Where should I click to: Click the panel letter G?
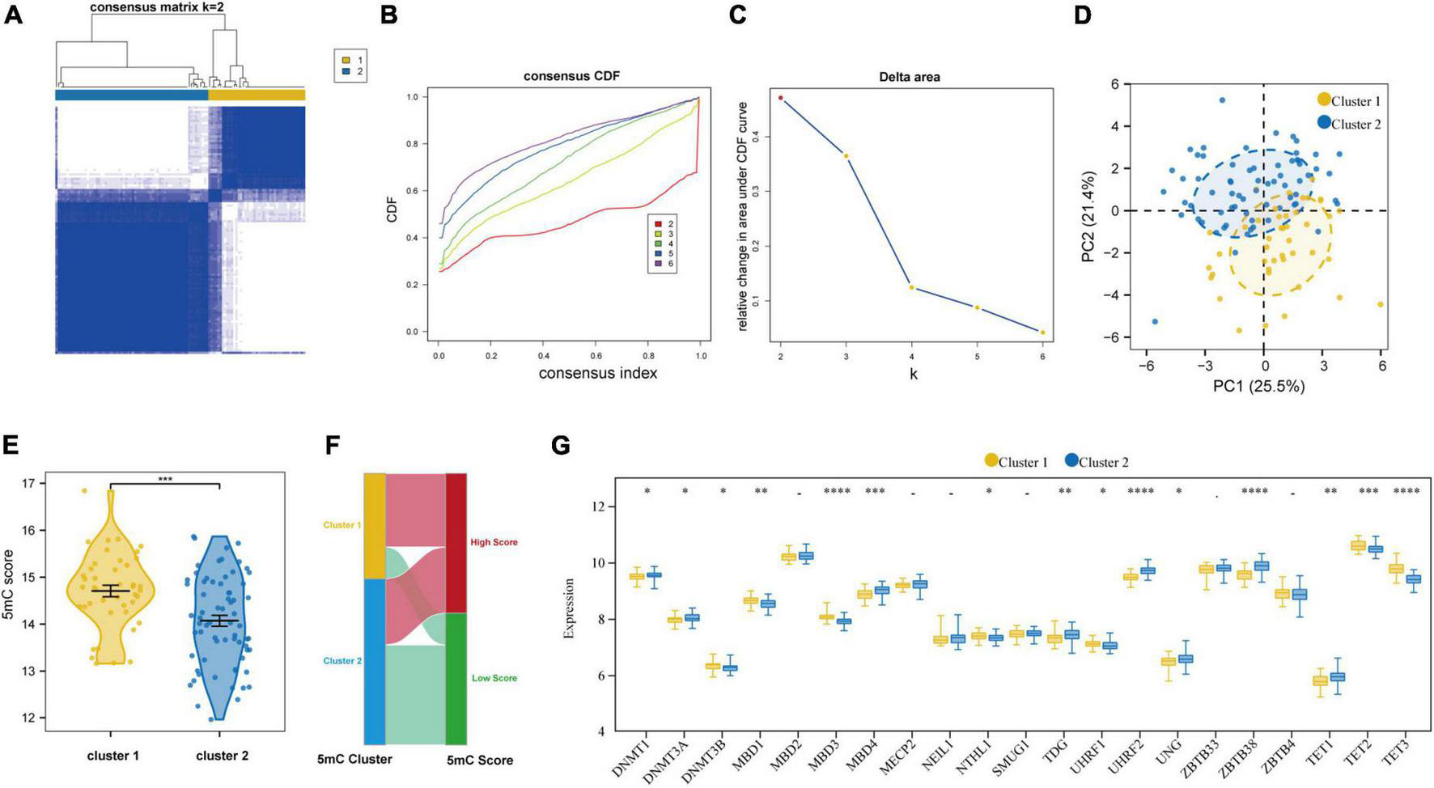pos(559,446)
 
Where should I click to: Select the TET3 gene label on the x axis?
pos(1406,757)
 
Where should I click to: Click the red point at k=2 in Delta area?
pos(780,98)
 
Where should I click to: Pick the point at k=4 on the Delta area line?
pos(911,287)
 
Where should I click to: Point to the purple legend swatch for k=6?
pos(658,264)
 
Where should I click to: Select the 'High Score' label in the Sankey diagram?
pos(494,542)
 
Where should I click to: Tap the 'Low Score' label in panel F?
pos(494,678)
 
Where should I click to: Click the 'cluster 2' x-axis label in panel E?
pos(222,756)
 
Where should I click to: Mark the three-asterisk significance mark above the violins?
pos(165,479)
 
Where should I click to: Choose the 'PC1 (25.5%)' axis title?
pos(1258,387)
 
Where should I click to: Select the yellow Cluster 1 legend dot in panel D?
pos(1324,100)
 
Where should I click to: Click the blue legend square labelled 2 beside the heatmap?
pos(346,72)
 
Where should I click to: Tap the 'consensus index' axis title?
pos(597,373)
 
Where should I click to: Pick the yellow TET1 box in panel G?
pos(1320,680)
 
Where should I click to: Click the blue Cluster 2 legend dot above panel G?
pos(1071,461)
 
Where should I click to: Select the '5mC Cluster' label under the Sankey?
pos(354,759)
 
